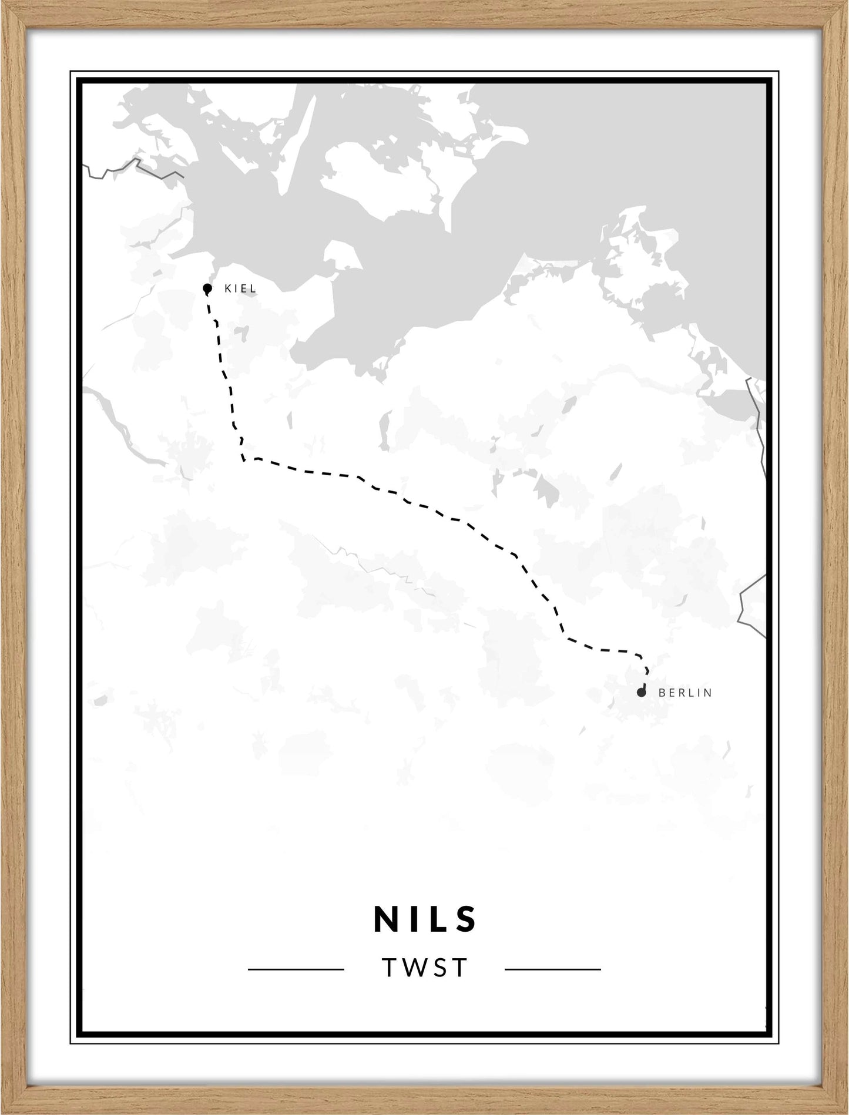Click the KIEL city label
(240, 288)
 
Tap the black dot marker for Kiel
(207, 288)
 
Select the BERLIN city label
(685, 693)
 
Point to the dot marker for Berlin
(641, 693)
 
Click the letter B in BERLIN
(662, 693)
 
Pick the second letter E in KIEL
(245, 288)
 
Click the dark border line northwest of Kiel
(135, 166)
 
